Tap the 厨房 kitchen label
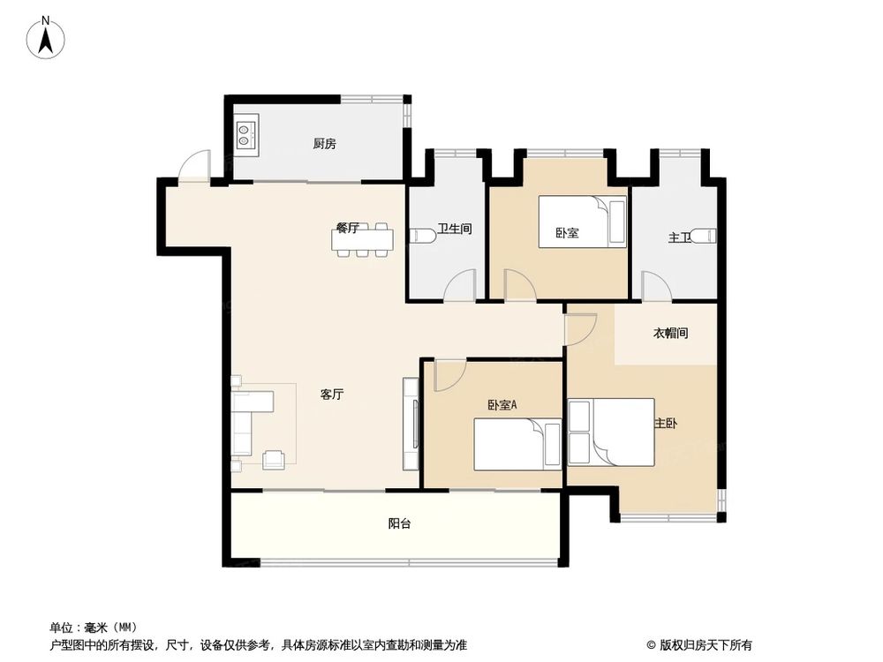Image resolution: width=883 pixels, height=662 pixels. click(x=324, y=144)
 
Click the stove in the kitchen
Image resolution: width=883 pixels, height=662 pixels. click(x=245, y=133)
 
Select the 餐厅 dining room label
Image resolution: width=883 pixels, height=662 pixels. click(x=347, y=228)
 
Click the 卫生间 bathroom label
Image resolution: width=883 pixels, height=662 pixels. click(x=455, y=229)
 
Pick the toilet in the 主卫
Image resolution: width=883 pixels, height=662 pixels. click(x=703, y=236)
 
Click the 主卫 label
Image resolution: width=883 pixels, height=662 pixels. click(x=679, y=237)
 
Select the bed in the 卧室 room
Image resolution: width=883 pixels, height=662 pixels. click(x=583, y=222)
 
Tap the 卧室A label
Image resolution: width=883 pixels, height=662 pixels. click(x=502, y=405)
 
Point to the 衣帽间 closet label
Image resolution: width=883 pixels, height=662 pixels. click(x=670, y=334)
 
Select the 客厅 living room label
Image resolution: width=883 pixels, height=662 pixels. click(x=332, y=395)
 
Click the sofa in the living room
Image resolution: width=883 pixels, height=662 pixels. click(x=252, y=421)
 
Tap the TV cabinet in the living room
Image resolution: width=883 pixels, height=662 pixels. click(x=411, y=424)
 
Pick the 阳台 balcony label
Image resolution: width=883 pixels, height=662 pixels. click(x=399, y=523)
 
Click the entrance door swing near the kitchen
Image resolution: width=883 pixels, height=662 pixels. click(x=193, y=168)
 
